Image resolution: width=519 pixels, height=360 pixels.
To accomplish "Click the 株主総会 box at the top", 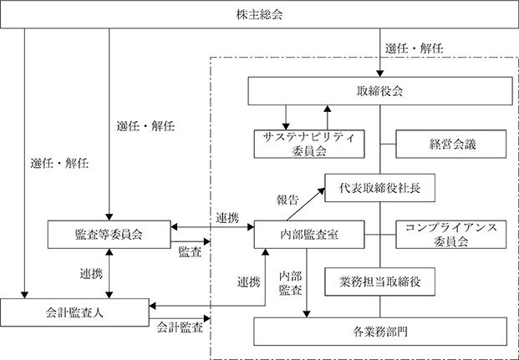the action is click(259, 14).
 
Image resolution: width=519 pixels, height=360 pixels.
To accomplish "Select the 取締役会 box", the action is click(380, 91).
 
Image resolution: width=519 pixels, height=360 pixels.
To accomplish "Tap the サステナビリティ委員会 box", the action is click(309, 144).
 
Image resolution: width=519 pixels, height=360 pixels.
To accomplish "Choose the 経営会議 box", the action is click(451, 144).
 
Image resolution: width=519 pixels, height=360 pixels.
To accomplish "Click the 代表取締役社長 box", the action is click(379, 188).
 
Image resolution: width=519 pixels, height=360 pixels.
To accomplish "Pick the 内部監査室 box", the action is click(309, 234).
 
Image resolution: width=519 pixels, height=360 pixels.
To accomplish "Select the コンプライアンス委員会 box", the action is click(451, 234).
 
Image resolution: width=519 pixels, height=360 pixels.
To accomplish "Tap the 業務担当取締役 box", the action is click(379, 281).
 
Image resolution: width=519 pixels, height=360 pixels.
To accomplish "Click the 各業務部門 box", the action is click(380, 332).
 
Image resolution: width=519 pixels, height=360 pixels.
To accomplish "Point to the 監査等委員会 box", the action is click(109, 234).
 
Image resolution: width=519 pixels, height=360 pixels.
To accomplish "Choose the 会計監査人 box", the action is click(74, 312).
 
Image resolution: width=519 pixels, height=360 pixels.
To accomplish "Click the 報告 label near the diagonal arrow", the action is click(287, 200).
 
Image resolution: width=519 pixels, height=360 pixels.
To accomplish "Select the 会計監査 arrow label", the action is click(180, 327).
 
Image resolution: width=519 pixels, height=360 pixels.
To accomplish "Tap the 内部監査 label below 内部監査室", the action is click(290, 283).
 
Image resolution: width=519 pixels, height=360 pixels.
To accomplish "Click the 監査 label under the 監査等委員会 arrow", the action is click(190, 252).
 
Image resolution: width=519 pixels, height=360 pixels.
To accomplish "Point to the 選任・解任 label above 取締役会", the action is click(414, 48).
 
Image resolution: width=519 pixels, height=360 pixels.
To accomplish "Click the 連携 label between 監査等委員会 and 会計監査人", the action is click(91, 274).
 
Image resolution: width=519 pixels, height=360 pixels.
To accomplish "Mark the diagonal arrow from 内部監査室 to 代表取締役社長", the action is click(306, 205).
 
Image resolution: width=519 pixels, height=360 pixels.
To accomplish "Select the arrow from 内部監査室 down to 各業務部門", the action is click(307, 283).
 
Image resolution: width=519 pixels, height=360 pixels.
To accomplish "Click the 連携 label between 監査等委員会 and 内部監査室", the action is click(227, 218).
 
